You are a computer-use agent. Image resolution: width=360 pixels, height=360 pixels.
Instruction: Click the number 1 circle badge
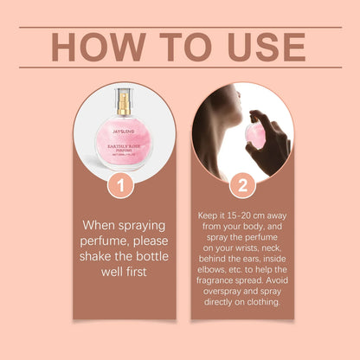pyautogui.click(x=121, y=185)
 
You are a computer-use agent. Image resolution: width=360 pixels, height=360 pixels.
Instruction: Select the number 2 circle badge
pyautogui.click(x=241, y=185)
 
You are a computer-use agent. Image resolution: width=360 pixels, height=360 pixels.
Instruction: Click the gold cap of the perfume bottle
pyautogui.click(x=123, y=104)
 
